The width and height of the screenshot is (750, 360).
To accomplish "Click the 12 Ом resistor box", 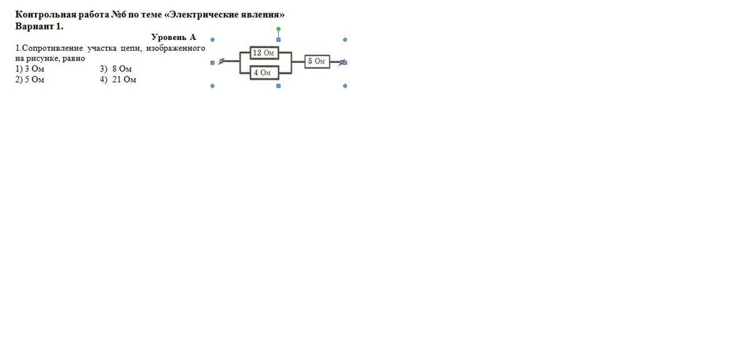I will coord(263,52).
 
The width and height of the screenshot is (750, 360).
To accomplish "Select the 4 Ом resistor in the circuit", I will coord(263,72).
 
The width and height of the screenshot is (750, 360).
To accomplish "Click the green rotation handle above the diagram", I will coord(279,29).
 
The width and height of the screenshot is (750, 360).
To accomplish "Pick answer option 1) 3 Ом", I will coord(30,68).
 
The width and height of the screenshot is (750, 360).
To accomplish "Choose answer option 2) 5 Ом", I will coord(30,79).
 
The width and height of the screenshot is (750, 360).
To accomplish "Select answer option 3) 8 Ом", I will coord(116,68).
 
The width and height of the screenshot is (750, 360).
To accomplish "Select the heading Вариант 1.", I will coord(39,26).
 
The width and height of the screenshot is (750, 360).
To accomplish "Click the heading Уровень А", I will coord(173,37).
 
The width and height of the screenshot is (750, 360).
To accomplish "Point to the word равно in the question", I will coord(72,57).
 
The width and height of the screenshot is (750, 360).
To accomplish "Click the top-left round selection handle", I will coord(212,39).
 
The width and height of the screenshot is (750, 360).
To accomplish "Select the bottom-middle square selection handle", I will coord(279,86).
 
